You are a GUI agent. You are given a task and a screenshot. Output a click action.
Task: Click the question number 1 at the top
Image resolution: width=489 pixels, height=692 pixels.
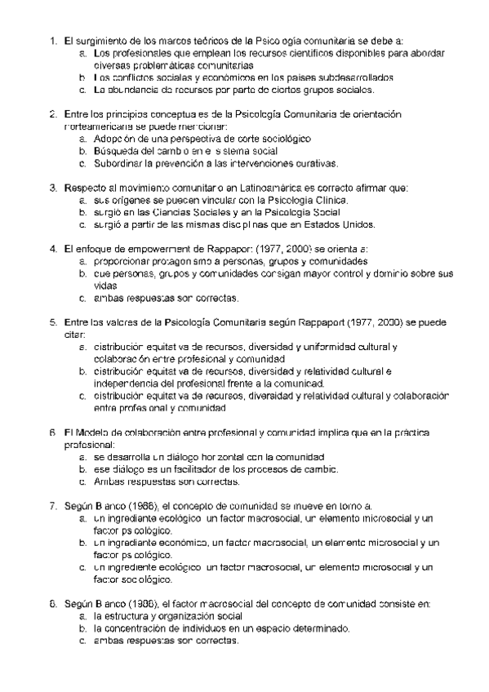click(x=52, y=40)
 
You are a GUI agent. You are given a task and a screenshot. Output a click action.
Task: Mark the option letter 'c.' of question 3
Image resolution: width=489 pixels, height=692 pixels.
click(x=83, y=224)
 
